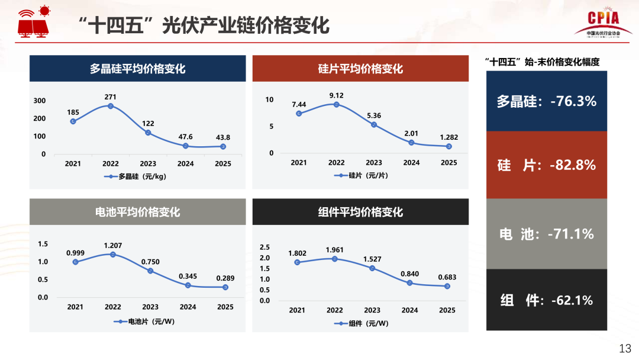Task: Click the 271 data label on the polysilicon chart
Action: point(110,97)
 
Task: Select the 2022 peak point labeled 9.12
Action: point(336,105)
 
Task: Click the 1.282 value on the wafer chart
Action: point(448,137)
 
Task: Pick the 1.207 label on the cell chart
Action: point(112,245)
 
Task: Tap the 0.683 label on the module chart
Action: point(447,277)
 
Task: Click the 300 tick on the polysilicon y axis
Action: point(39,101)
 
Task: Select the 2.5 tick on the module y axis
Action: point(264,247)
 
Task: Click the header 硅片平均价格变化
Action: point(360,69)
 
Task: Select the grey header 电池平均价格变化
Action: point(138,211)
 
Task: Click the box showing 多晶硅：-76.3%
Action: point(546,101)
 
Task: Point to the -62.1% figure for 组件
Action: point(571,300)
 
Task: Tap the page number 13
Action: point(625,348)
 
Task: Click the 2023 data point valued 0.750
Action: point(150,271)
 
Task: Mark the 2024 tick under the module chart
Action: point(409,310)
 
